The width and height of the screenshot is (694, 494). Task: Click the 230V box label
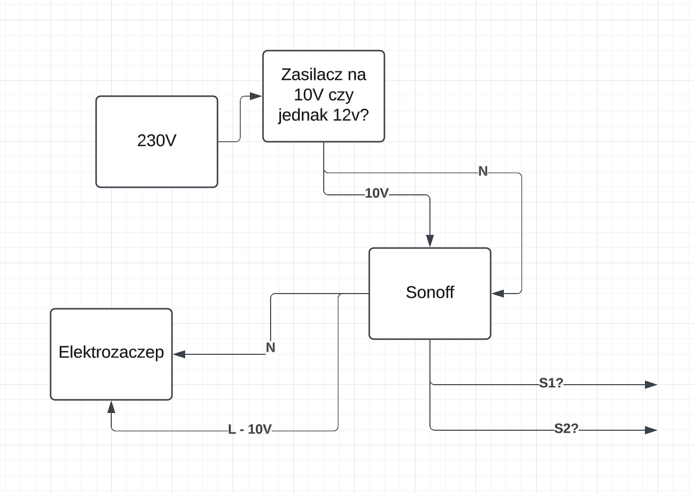click(157, 141)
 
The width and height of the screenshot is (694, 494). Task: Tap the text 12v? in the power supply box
click(351, 115)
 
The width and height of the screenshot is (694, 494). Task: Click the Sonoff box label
click(430, 292)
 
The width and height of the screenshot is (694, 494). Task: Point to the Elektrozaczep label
click(111, 353)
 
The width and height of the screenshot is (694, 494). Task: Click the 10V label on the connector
click(376, 193)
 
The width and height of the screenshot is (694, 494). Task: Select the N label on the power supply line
click(483, 171)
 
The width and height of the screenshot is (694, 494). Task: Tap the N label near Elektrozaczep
click(271, 348)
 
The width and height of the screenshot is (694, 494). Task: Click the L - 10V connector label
click(250, 430)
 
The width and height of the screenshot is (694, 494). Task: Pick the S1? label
click(551, 383)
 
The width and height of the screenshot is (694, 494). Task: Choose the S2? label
click(566, 429)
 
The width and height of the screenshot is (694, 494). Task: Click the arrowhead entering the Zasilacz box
click(255, 96)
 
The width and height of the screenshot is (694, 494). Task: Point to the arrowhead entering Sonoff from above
click(430, 240)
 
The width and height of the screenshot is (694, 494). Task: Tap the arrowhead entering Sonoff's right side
click(498, 293)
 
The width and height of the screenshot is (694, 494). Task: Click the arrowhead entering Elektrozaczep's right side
click(179, 354)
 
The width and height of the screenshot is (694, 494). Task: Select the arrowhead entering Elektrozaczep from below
click(111, 407)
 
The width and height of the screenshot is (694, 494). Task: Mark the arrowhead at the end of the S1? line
click(651, 385)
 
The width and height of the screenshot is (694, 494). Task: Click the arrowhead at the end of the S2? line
click(651, 430)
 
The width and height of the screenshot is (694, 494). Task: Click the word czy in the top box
click(341, 96)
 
